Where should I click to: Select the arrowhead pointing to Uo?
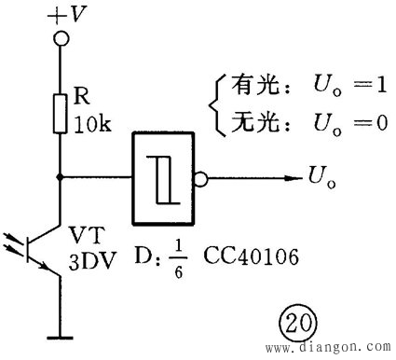coord(288,176)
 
